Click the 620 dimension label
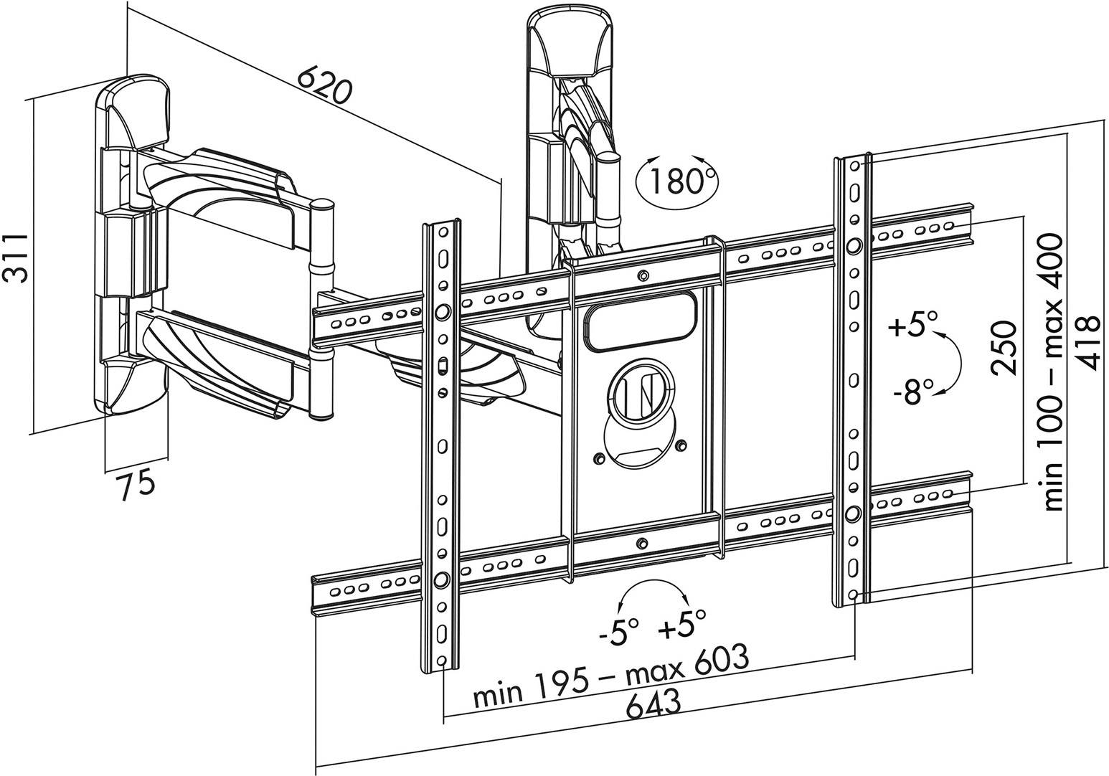click(324, 85)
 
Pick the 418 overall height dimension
click(1088, 344)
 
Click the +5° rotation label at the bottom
click(683, 626)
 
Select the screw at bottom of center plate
click(641, 543)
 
